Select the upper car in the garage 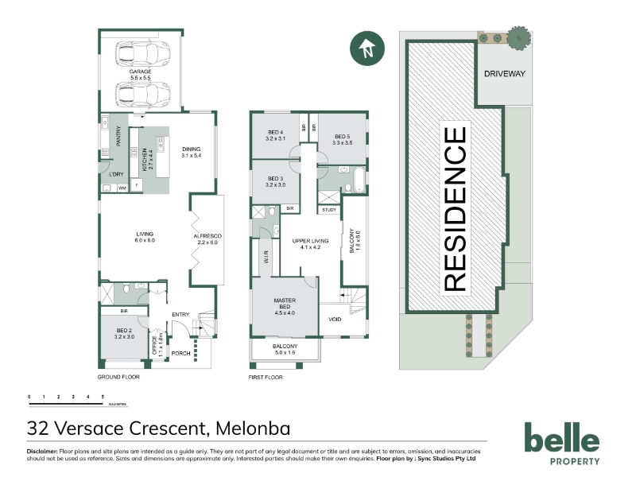[140, 55]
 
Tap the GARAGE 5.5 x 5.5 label [140, 75]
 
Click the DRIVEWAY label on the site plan [504, 74]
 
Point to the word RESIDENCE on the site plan [454, 208]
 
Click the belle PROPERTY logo [561, 442]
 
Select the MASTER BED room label [285, 304]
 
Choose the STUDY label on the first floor [328, 210]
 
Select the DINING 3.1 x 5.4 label [192, 152]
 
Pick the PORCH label [180, 353]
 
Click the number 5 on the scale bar [102, 396]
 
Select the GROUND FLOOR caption [118, 377]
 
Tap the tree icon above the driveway [519, 36]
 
